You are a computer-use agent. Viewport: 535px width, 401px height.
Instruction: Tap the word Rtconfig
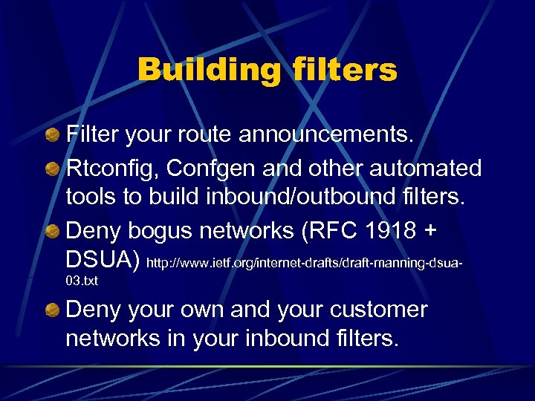coord(112,169)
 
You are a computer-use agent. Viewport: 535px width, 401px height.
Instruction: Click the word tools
coord(91,199)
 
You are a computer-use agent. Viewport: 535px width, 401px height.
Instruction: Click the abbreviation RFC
coord(328,231)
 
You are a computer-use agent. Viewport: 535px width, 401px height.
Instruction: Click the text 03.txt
coord(82,281)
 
